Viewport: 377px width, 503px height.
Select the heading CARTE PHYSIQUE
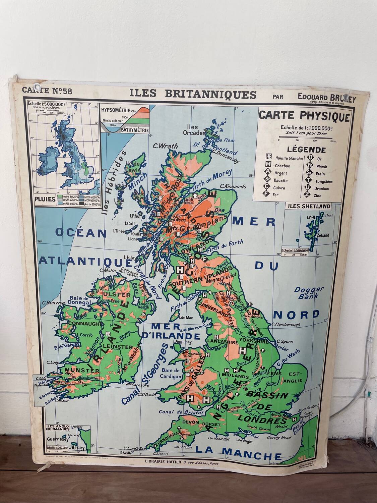coord(304,116)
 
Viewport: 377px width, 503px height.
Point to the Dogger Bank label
coord(309,292)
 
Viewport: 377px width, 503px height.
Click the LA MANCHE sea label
coord(238,456)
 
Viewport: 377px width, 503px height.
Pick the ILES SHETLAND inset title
coord(308,206)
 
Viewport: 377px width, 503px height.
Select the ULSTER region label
coord(112,295)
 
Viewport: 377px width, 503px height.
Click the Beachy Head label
coord(279,437)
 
